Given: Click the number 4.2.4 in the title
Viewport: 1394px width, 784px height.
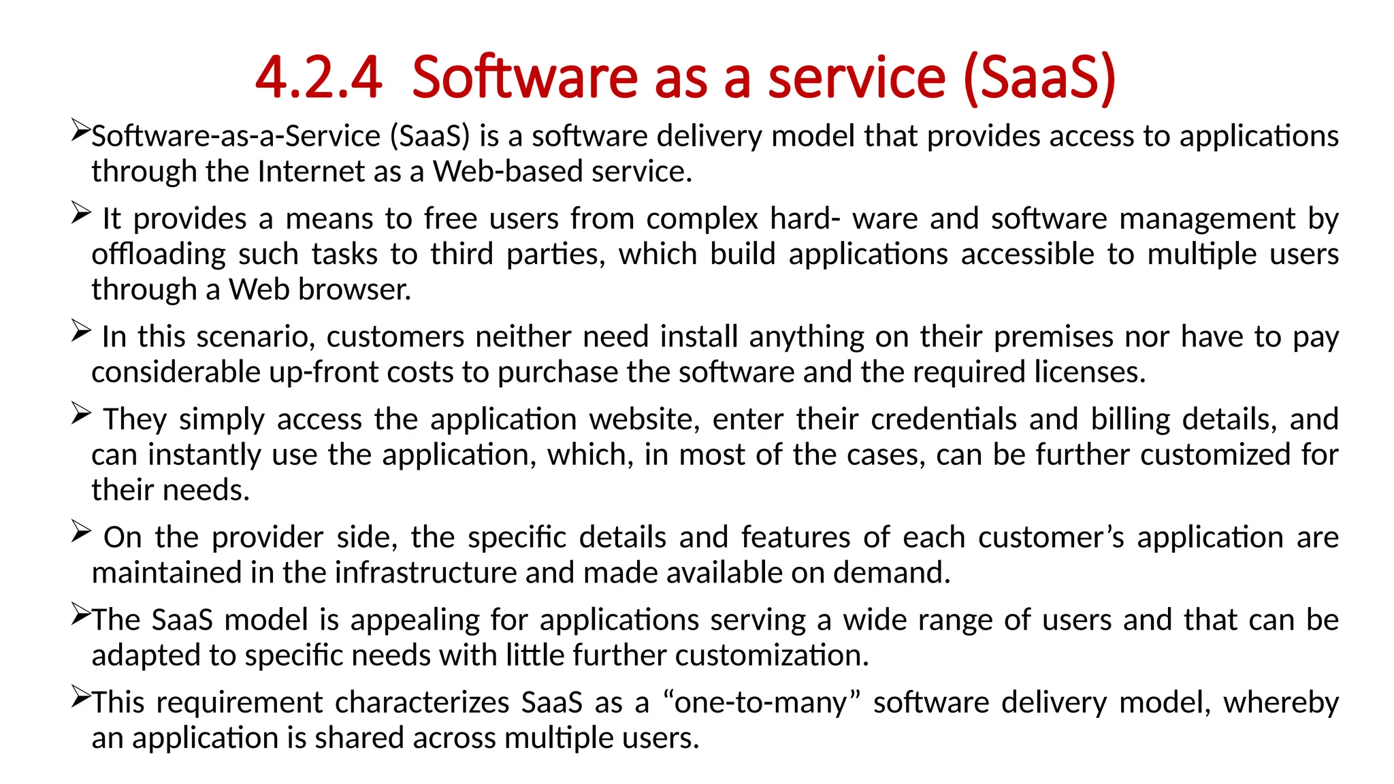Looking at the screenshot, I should pos(319,78).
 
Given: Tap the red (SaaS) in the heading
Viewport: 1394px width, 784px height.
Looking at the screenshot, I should pos(1040,78).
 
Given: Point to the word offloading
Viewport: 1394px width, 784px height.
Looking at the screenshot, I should pos(159,255).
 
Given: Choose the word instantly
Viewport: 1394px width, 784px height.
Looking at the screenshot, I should pos(204,455).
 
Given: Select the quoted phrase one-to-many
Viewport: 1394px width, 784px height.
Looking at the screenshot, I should pos(761,703).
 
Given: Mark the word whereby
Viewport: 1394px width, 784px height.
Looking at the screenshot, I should pos(1280,703).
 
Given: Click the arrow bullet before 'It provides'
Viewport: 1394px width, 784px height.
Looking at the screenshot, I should pos(80,214).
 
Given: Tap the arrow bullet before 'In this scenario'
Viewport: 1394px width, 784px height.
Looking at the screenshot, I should pos(80,332).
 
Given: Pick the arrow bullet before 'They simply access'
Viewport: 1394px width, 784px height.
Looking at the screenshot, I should pos(80,414).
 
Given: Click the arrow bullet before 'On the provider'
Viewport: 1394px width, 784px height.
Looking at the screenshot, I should pos(80,532).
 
